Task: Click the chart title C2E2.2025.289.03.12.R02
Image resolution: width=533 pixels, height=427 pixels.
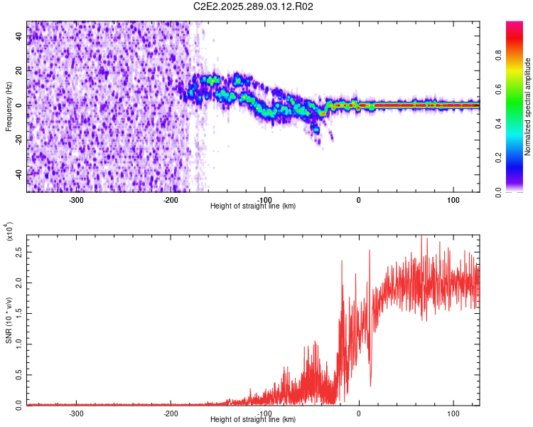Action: (254, 6)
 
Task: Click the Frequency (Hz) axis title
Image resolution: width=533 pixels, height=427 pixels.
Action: (9, 107)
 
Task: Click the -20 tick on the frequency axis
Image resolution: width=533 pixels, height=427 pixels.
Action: (18, 140)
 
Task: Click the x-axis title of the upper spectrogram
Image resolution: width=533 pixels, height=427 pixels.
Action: (253, 206)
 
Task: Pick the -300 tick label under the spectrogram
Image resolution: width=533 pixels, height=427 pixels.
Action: (76, 199)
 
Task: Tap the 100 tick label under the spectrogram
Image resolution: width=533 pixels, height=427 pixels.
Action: (453, 199)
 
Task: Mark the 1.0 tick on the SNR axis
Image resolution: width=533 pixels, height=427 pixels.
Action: (19, 344)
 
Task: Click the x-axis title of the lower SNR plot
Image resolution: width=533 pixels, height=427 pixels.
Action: (253, 419)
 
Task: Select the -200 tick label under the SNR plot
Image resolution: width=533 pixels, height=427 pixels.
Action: (171, 412)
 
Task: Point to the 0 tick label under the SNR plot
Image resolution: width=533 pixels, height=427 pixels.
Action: (359, 412)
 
